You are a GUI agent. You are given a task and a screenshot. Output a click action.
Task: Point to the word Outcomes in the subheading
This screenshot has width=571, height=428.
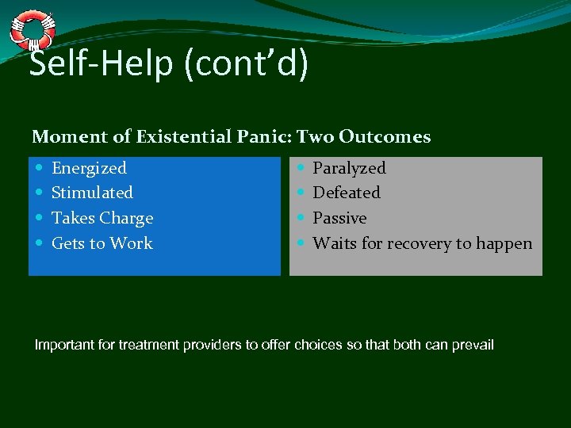pos(385,137)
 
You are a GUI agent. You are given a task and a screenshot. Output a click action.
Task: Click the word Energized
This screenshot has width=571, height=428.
pos(89,168)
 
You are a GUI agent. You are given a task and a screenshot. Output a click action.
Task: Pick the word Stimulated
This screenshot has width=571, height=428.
pos(92,193)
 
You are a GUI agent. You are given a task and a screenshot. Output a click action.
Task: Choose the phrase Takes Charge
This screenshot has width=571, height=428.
pos(102,218)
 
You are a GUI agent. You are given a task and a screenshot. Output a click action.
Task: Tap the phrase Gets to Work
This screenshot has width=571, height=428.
pos(102,243)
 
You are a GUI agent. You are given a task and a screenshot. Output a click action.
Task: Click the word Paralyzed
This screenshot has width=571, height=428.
pos(349,168)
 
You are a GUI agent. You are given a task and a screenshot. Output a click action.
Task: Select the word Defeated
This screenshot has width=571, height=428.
pos(347,193)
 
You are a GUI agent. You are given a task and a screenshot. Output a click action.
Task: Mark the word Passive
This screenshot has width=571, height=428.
pos(339,218)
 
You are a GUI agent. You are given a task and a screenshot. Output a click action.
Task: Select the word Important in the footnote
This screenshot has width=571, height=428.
pos(63,345)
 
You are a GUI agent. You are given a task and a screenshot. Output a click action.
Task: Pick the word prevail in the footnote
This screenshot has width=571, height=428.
pos(473,345)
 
